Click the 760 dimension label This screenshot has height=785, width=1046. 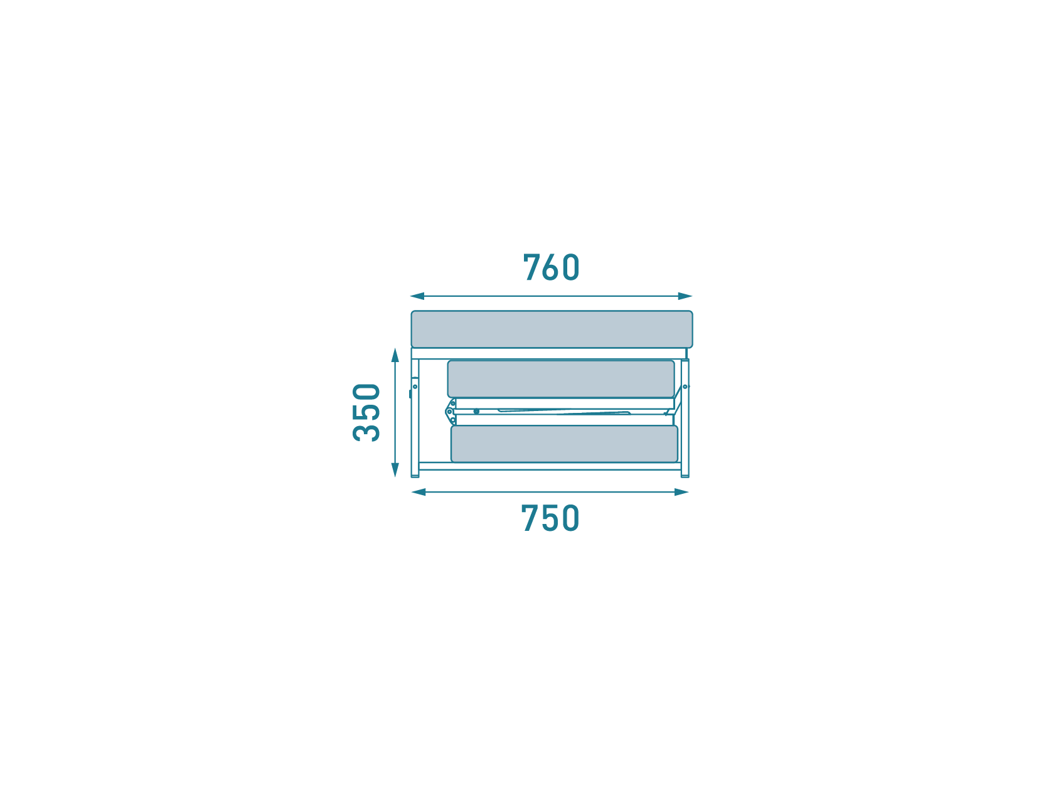pyautogui.click(x=551, y=267)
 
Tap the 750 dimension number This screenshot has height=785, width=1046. pyautogui.click(x=550, y=518)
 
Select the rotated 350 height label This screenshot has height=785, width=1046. pyautogui.click(x=366, y=412)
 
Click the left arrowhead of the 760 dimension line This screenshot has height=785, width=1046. pyautogui.click(x=417, y=296)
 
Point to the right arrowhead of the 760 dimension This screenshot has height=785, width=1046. pyautogui.click(x=685, y=296)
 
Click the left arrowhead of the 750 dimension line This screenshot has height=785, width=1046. pyautogui.click(x=419, y=492)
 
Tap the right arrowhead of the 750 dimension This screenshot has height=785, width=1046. pyautogui.click(x=681, y=492)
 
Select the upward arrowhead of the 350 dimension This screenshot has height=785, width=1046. pyautogui.click(x=395, y=355)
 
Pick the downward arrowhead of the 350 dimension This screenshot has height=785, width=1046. pyautogui.click(x=395, y=470)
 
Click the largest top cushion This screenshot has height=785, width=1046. pyautogui.click(x=552, y=329)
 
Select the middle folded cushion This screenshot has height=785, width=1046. pyautogui.click(x=561, y=378)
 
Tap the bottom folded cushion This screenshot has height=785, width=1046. pyautogui.click(x=564, y=444)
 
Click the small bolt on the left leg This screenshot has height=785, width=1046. pyautogui.click(x=415, y=387)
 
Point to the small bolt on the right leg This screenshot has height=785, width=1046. pyautogui.click(x=685, y=387)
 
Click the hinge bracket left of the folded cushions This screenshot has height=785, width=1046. pyautogui.click(x=451, y=412)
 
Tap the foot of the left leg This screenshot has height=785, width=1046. pyautogui.click(x=415, y=476)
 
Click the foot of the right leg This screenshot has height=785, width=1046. pyautogui.click(x=685, y=476)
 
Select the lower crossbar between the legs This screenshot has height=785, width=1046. pyautogui.click(x=550, y=466)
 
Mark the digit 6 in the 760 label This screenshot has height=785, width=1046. pyautogui.click(x=550, y=267)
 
